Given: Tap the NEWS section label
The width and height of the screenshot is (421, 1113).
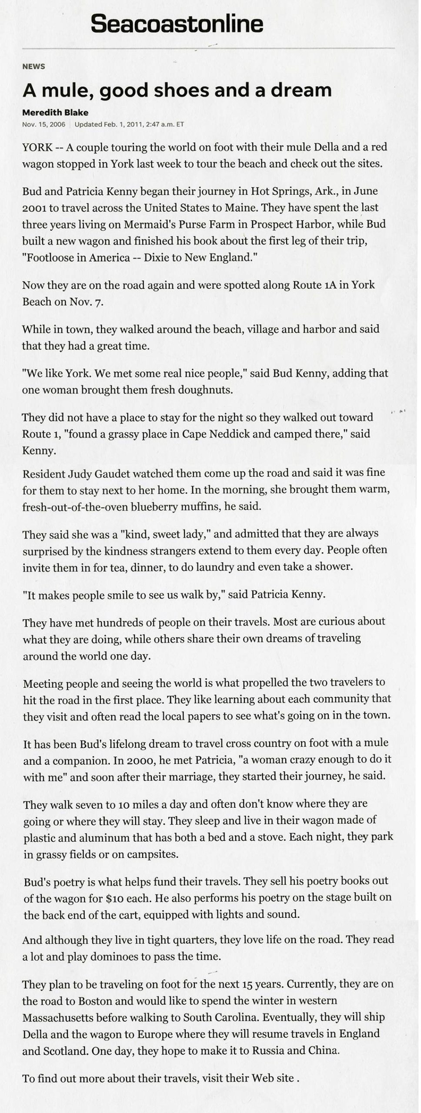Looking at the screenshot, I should (33, 67).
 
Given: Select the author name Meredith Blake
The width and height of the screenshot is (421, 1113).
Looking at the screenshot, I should (55, 113).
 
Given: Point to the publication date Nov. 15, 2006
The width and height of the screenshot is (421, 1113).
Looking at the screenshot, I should (43, 124).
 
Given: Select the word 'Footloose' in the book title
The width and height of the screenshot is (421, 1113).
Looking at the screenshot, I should (48, 257).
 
